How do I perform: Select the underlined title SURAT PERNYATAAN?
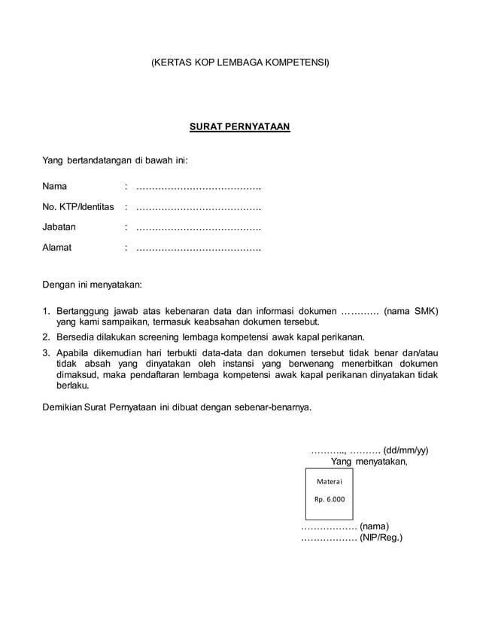tap(240, 127)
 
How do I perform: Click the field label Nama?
tap(55, 186)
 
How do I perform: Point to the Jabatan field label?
tap(59, 227)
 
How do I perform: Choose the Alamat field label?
tap(57, 247)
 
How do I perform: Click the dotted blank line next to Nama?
tap(198, 186)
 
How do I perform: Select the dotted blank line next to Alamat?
tap(198, 247)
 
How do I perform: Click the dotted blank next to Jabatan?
tap(198, 227)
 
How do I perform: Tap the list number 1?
tap(46, 310)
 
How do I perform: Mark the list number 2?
tap(46, 337)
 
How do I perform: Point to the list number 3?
tap(46, 352)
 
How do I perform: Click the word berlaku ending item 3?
tap(73, 385)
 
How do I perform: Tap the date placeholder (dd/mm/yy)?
tap(406, 450)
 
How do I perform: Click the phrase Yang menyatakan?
tap(369, 462)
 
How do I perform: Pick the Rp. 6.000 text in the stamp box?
tap(329, 499)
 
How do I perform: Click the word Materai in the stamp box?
tap(329, 481)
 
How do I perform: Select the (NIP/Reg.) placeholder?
tap(381, 538)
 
